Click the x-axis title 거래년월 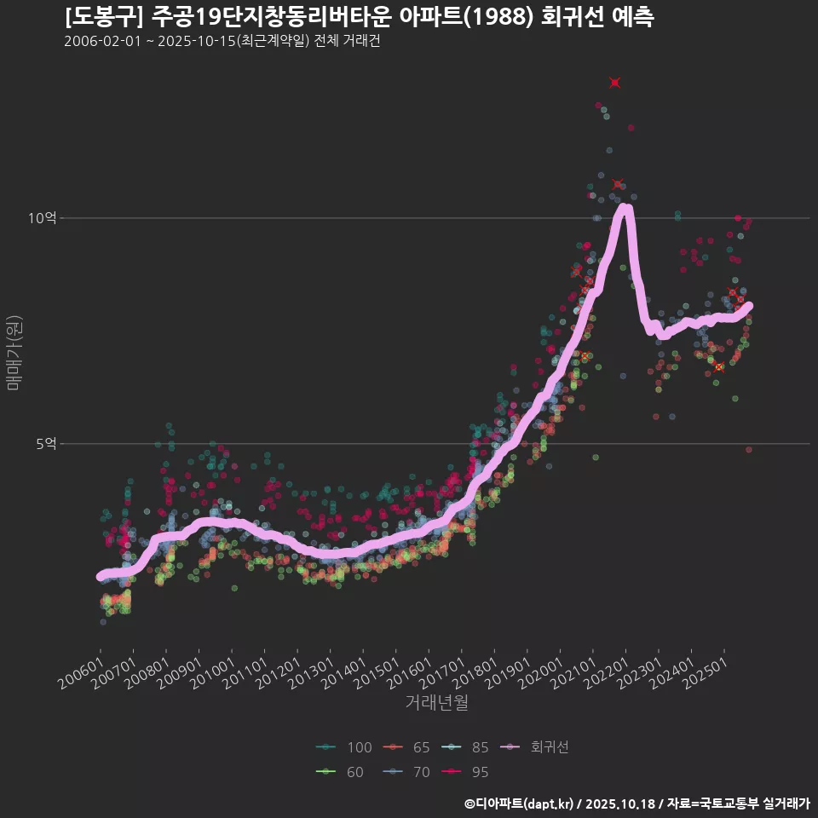click(436, 703)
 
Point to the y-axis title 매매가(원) click(14, 352)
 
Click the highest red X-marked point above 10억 click(615, 83)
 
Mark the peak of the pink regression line click(625, 207)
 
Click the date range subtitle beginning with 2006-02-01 click(222, 42)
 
